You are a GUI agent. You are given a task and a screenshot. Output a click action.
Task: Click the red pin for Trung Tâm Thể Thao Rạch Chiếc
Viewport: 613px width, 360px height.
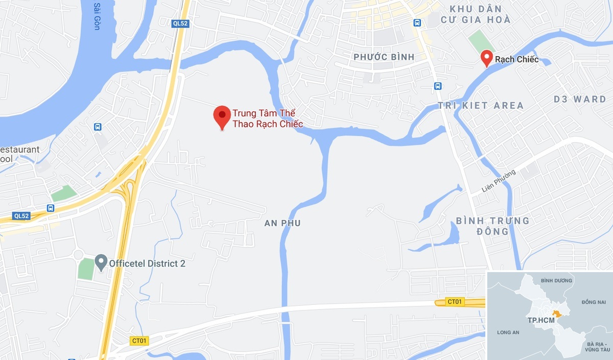(222, 115)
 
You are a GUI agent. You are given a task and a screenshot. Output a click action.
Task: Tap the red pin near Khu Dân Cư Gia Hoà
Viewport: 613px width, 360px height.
(487, 57)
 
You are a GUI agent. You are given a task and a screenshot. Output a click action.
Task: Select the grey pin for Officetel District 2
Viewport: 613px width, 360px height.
(101, 262)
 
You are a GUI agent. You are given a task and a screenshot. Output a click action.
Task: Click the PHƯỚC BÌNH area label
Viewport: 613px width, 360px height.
(384, 57)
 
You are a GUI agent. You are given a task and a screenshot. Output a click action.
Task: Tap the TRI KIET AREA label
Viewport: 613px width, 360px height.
(481, 106)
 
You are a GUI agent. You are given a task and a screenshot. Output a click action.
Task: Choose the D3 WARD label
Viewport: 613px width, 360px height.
(580, 99)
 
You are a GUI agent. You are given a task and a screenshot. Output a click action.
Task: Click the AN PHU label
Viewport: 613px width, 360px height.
(282, 223)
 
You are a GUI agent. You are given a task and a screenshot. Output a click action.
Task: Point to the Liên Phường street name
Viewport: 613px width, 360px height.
(499, 181)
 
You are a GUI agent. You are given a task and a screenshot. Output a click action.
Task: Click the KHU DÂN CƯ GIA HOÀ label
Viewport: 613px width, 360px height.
(479, 14)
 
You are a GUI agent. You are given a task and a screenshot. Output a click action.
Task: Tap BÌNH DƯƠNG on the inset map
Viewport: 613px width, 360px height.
(554, 280)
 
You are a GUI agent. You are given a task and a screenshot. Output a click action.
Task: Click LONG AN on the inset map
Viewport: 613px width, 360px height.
(508, 332)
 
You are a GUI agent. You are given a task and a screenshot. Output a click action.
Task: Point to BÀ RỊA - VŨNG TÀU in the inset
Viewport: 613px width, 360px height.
(599, 346)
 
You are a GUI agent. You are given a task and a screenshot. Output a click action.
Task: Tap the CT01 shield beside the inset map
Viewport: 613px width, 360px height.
(454, 302)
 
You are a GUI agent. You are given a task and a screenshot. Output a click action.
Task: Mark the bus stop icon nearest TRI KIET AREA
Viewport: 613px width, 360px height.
(438, 86)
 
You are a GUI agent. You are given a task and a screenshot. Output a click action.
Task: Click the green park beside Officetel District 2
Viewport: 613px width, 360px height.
(86, 269)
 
